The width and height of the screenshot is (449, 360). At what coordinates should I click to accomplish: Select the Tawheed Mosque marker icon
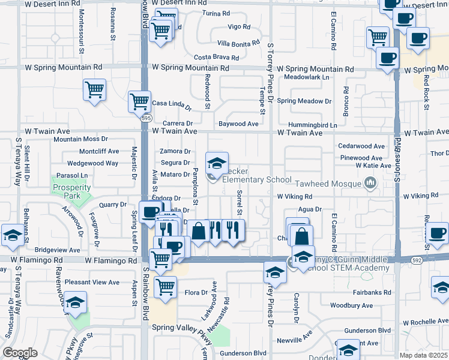pyautogui.click(x=370, y=182)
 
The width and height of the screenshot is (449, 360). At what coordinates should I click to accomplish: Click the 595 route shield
pyautogui.click(x=146, y=119)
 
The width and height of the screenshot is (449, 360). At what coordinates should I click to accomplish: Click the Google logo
pyautogui.click(x=20, y=353)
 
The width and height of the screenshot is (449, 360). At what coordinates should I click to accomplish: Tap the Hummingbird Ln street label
pyautogui.click(x=312, y=125)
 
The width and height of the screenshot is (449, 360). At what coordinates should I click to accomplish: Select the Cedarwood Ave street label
pyautogui.click(x=361, y=146)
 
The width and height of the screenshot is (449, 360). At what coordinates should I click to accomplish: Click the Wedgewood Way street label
pyautogui.click(x=92, y=163)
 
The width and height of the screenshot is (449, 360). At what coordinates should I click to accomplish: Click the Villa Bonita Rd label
pyautogui.click(x=238, y=44)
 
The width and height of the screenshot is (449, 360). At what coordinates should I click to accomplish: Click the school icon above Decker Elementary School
pyautogui.click(x=217, y=162)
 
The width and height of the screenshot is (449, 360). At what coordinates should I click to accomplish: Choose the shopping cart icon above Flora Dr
pyautogui.click(x=164, y=286)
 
